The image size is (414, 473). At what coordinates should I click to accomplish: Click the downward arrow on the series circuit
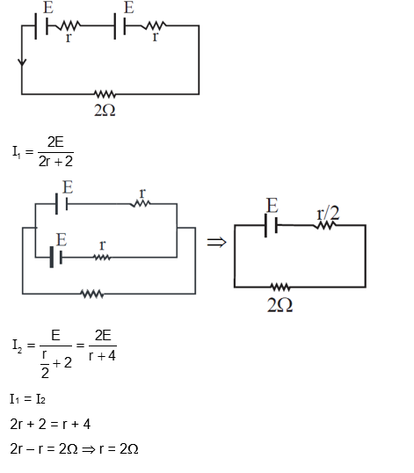[x=22, y=63]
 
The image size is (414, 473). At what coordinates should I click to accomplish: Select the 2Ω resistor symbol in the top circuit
[x=106, y=93]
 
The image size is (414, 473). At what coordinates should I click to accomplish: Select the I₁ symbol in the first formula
[x=18, y=152]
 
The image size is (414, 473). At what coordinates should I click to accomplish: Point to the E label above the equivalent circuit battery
[x=272, y=206]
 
